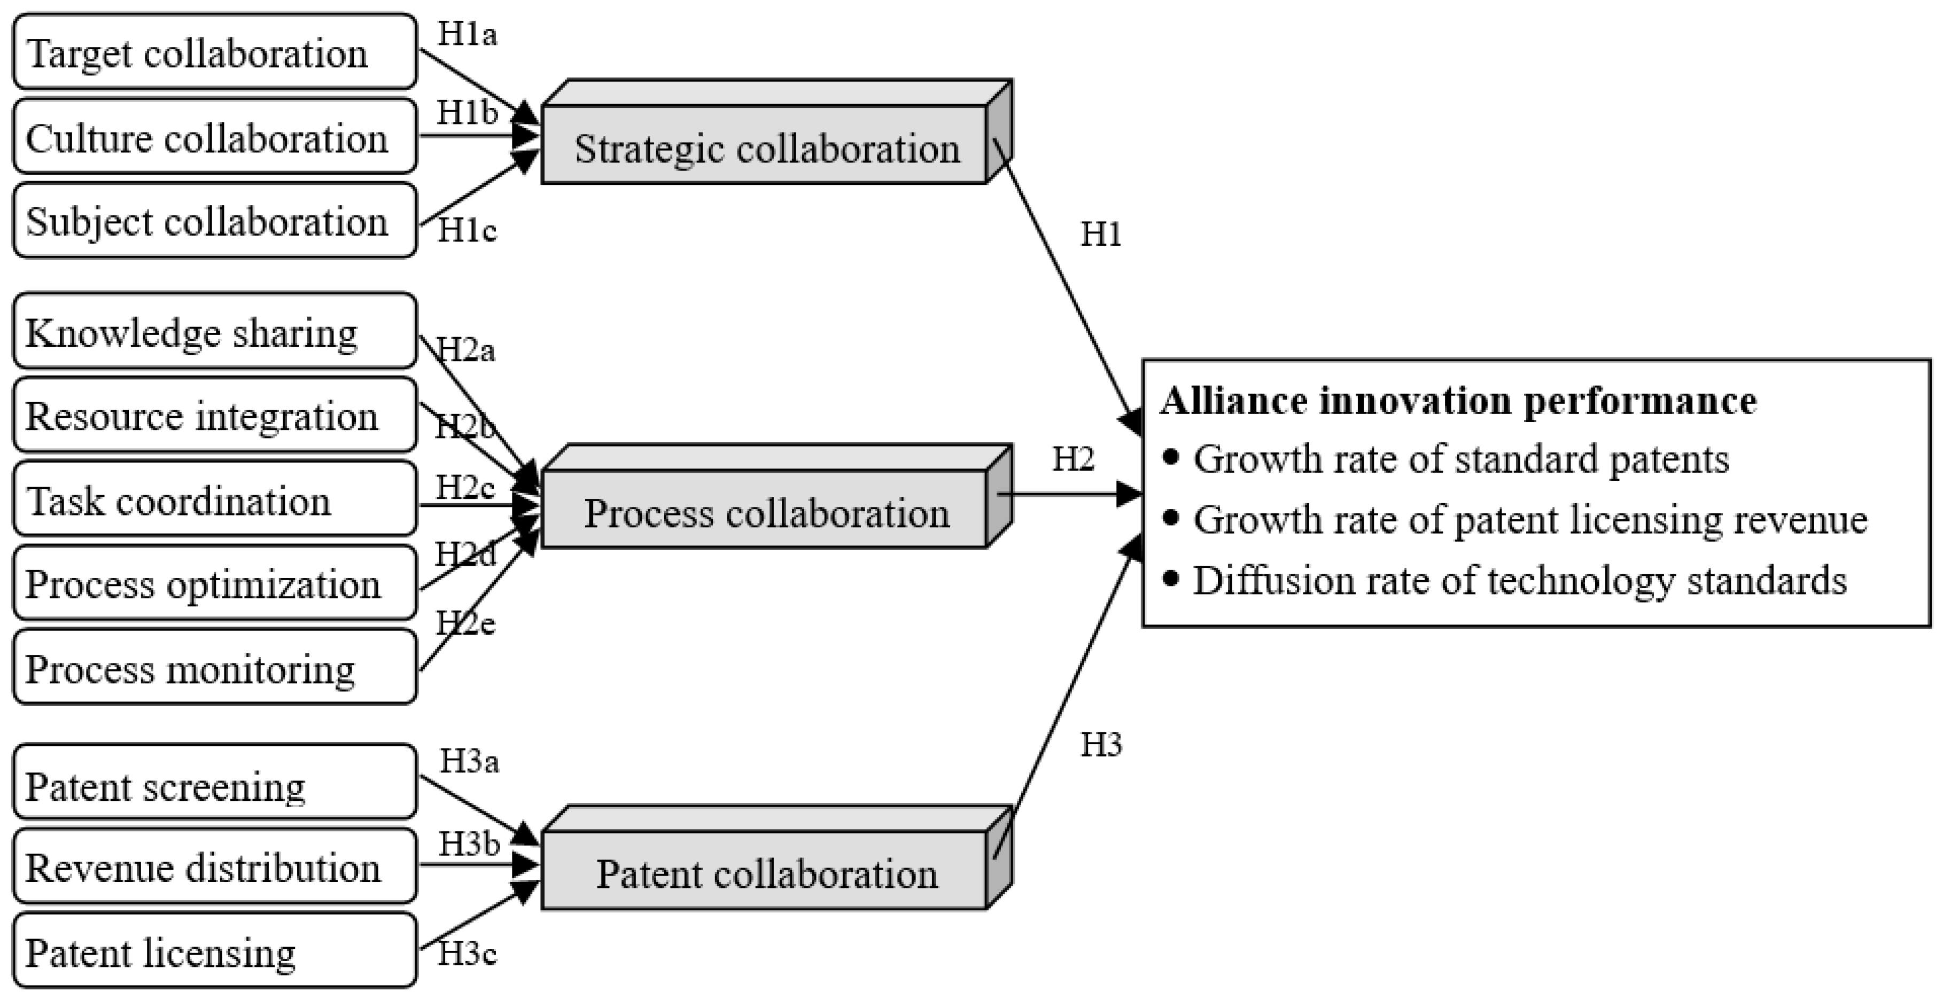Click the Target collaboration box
pos(215,52)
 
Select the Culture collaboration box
pos(215,137)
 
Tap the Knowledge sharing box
pos(215,331)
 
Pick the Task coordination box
pos(215,499)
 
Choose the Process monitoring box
pos(215,668)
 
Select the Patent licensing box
pos(215,950)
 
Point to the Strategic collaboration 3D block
pos(766,146)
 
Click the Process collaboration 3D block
pos(766,510)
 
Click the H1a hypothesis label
pos(468,35)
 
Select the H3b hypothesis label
pos(469,844)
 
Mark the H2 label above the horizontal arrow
pos(1072,458)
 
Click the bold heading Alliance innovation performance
pos(1458,401)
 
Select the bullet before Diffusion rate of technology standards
pos(1171,579)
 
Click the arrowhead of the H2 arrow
pos(1131,495)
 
